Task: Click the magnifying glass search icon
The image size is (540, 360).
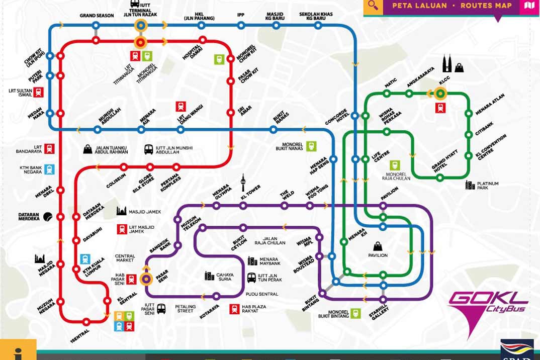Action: point(373,6)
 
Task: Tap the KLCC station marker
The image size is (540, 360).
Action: point(440,93)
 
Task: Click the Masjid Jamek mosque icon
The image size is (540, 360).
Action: point(122,212)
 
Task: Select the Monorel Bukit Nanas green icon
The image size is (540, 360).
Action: point(311,146)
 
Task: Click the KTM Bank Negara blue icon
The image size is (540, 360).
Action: point(49,169)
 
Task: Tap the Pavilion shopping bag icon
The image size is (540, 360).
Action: point(377,246)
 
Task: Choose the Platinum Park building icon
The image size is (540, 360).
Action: point(470,185)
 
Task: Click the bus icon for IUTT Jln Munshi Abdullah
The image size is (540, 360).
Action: point(149,149)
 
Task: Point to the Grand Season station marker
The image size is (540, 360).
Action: point(96,25)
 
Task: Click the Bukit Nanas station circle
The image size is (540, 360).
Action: point(273,130)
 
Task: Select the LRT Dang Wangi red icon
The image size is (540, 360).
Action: point(181,107)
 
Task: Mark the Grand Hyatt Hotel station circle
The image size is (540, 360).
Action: point(440,177)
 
